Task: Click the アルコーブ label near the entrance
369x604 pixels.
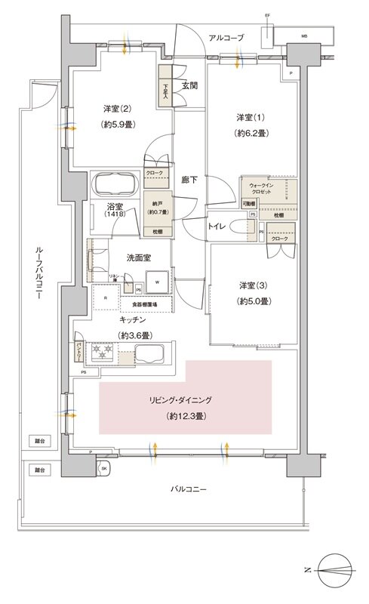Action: pyautogui.click(x=226, y=36)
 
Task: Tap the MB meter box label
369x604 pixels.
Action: pyautogui.click(x=304, y=35)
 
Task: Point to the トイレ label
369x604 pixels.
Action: pyautogui.click(x=218, y=226)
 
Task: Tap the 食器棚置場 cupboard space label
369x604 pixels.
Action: pyautogui.click(x=146, y=304)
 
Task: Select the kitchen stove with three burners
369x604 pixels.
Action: pyautogui.click(x=101, y=351)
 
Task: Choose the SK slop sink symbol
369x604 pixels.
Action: pyautogui.click(x=103, y=469)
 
